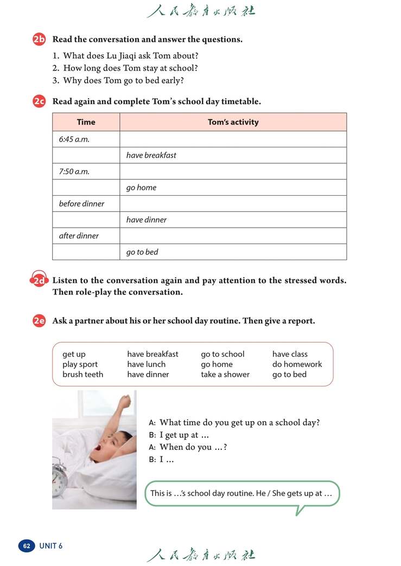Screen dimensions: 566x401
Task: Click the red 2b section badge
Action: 39,39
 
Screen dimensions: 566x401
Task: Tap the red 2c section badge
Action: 39,101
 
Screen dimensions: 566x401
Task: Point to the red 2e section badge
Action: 39,320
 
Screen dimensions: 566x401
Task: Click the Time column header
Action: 86,122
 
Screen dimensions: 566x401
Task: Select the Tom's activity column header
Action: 233,122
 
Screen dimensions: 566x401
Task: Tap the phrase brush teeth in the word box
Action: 82,375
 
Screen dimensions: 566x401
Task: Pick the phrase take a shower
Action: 225,375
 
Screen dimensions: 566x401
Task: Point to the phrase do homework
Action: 297,364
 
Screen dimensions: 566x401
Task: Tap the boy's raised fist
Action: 125,402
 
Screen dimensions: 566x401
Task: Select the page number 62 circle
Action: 27,546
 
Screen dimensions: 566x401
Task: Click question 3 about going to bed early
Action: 123,81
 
